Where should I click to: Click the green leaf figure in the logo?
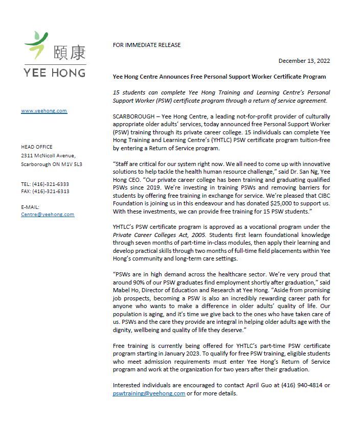coord(37,45)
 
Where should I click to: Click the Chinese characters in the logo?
coord(70,52)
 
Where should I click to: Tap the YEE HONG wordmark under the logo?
coord(55,72)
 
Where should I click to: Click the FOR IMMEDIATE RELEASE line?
coord(146,45)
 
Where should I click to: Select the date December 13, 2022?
coord(304,61)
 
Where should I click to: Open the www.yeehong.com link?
coord(43,111)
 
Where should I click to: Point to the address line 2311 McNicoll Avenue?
coord(48,155)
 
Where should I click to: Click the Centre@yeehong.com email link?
coord(47,215)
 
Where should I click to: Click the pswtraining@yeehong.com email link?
coord(149,393)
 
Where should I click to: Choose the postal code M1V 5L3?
coord(72,164)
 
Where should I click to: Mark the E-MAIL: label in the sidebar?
coord(30,207)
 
